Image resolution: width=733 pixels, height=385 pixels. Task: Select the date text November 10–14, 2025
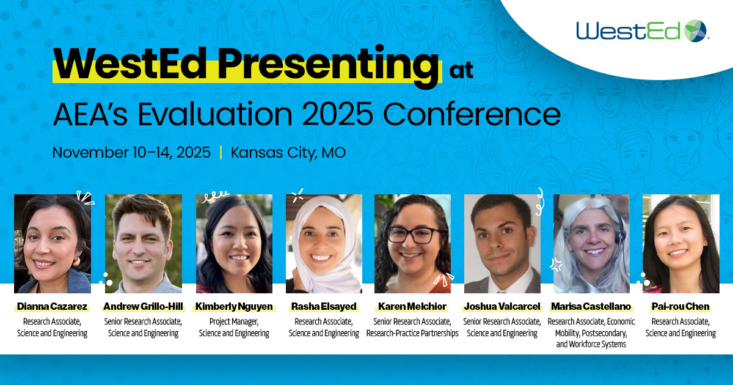[131, 152]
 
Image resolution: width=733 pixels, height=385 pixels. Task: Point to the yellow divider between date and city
[221, 152]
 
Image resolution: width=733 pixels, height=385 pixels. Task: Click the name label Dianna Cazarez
[52, 306]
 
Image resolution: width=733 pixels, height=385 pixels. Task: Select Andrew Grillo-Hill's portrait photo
[144, 243]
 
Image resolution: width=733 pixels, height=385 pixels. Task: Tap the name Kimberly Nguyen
[234, 306]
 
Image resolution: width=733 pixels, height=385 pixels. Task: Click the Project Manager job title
[234, 321]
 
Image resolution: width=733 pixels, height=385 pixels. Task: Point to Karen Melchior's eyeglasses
[413, 234]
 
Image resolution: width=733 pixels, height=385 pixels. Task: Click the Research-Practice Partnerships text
[412, 333]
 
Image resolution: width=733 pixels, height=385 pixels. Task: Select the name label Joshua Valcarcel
[502, 306]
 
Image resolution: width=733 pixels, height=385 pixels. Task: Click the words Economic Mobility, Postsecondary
[591, 327]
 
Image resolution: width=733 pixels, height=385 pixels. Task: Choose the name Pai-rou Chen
[680, 306]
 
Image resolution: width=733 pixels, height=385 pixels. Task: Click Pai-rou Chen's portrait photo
[680, 243]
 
